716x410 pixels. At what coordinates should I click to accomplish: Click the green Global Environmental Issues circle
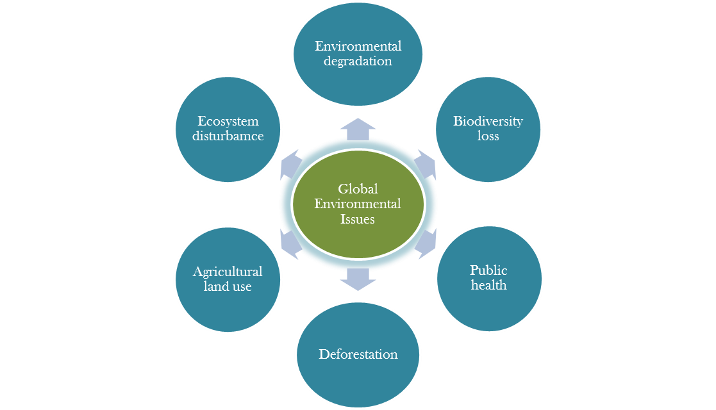358,204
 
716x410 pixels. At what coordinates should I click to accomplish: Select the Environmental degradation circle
358,54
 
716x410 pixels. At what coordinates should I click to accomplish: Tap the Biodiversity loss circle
488,128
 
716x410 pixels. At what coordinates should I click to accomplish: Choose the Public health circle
488,278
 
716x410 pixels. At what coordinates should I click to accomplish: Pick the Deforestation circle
358,354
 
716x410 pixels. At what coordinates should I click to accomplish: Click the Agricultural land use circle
228,279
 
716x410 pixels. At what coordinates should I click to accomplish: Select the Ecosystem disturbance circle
228,129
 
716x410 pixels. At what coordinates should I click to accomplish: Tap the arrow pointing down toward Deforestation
358,279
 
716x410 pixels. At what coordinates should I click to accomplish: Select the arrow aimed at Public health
425,243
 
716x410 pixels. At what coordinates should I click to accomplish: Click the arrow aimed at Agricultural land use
291,243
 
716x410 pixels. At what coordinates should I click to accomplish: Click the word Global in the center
358,189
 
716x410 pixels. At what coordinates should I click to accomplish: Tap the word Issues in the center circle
358,219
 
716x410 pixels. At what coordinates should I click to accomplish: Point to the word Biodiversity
488,121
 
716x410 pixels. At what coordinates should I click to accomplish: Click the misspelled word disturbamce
228,136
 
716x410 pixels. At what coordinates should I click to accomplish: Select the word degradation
358,61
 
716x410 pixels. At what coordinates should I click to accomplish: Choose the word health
488,285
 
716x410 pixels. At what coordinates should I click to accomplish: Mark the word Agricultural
228,272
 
